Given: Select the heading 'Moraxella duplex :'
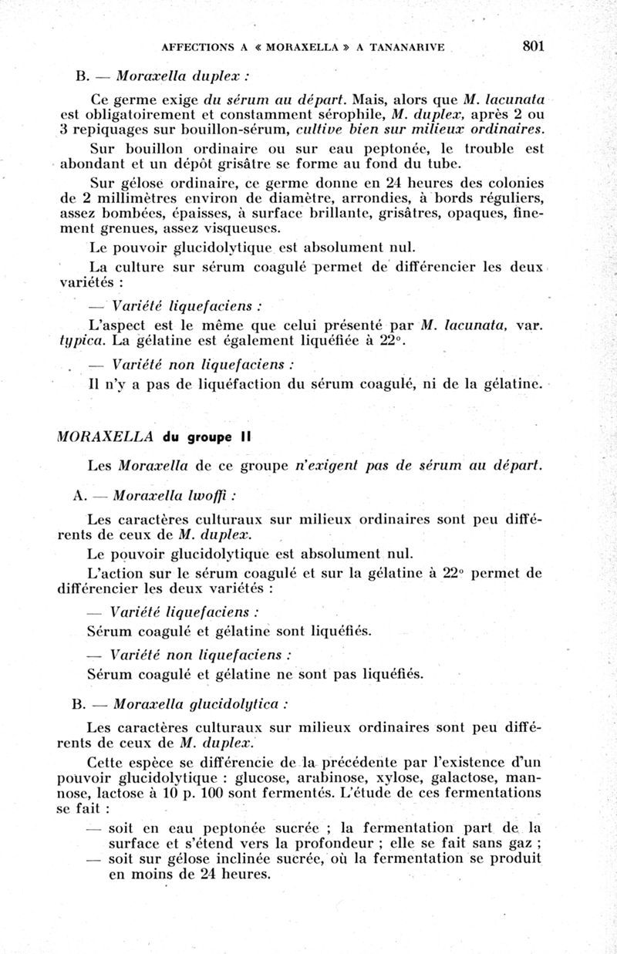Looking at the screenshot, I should point(182,78).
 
